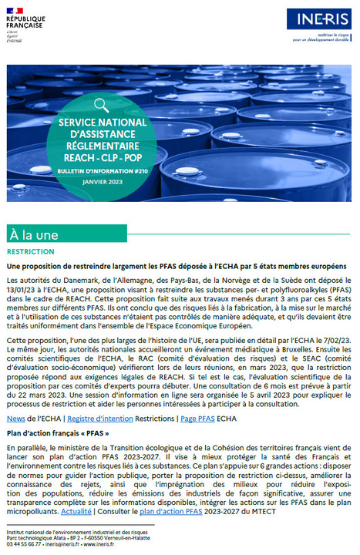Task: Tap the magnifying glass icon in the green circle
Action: tap(102, 105)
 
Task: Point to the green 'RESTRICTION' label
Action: tap(30, 252)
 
